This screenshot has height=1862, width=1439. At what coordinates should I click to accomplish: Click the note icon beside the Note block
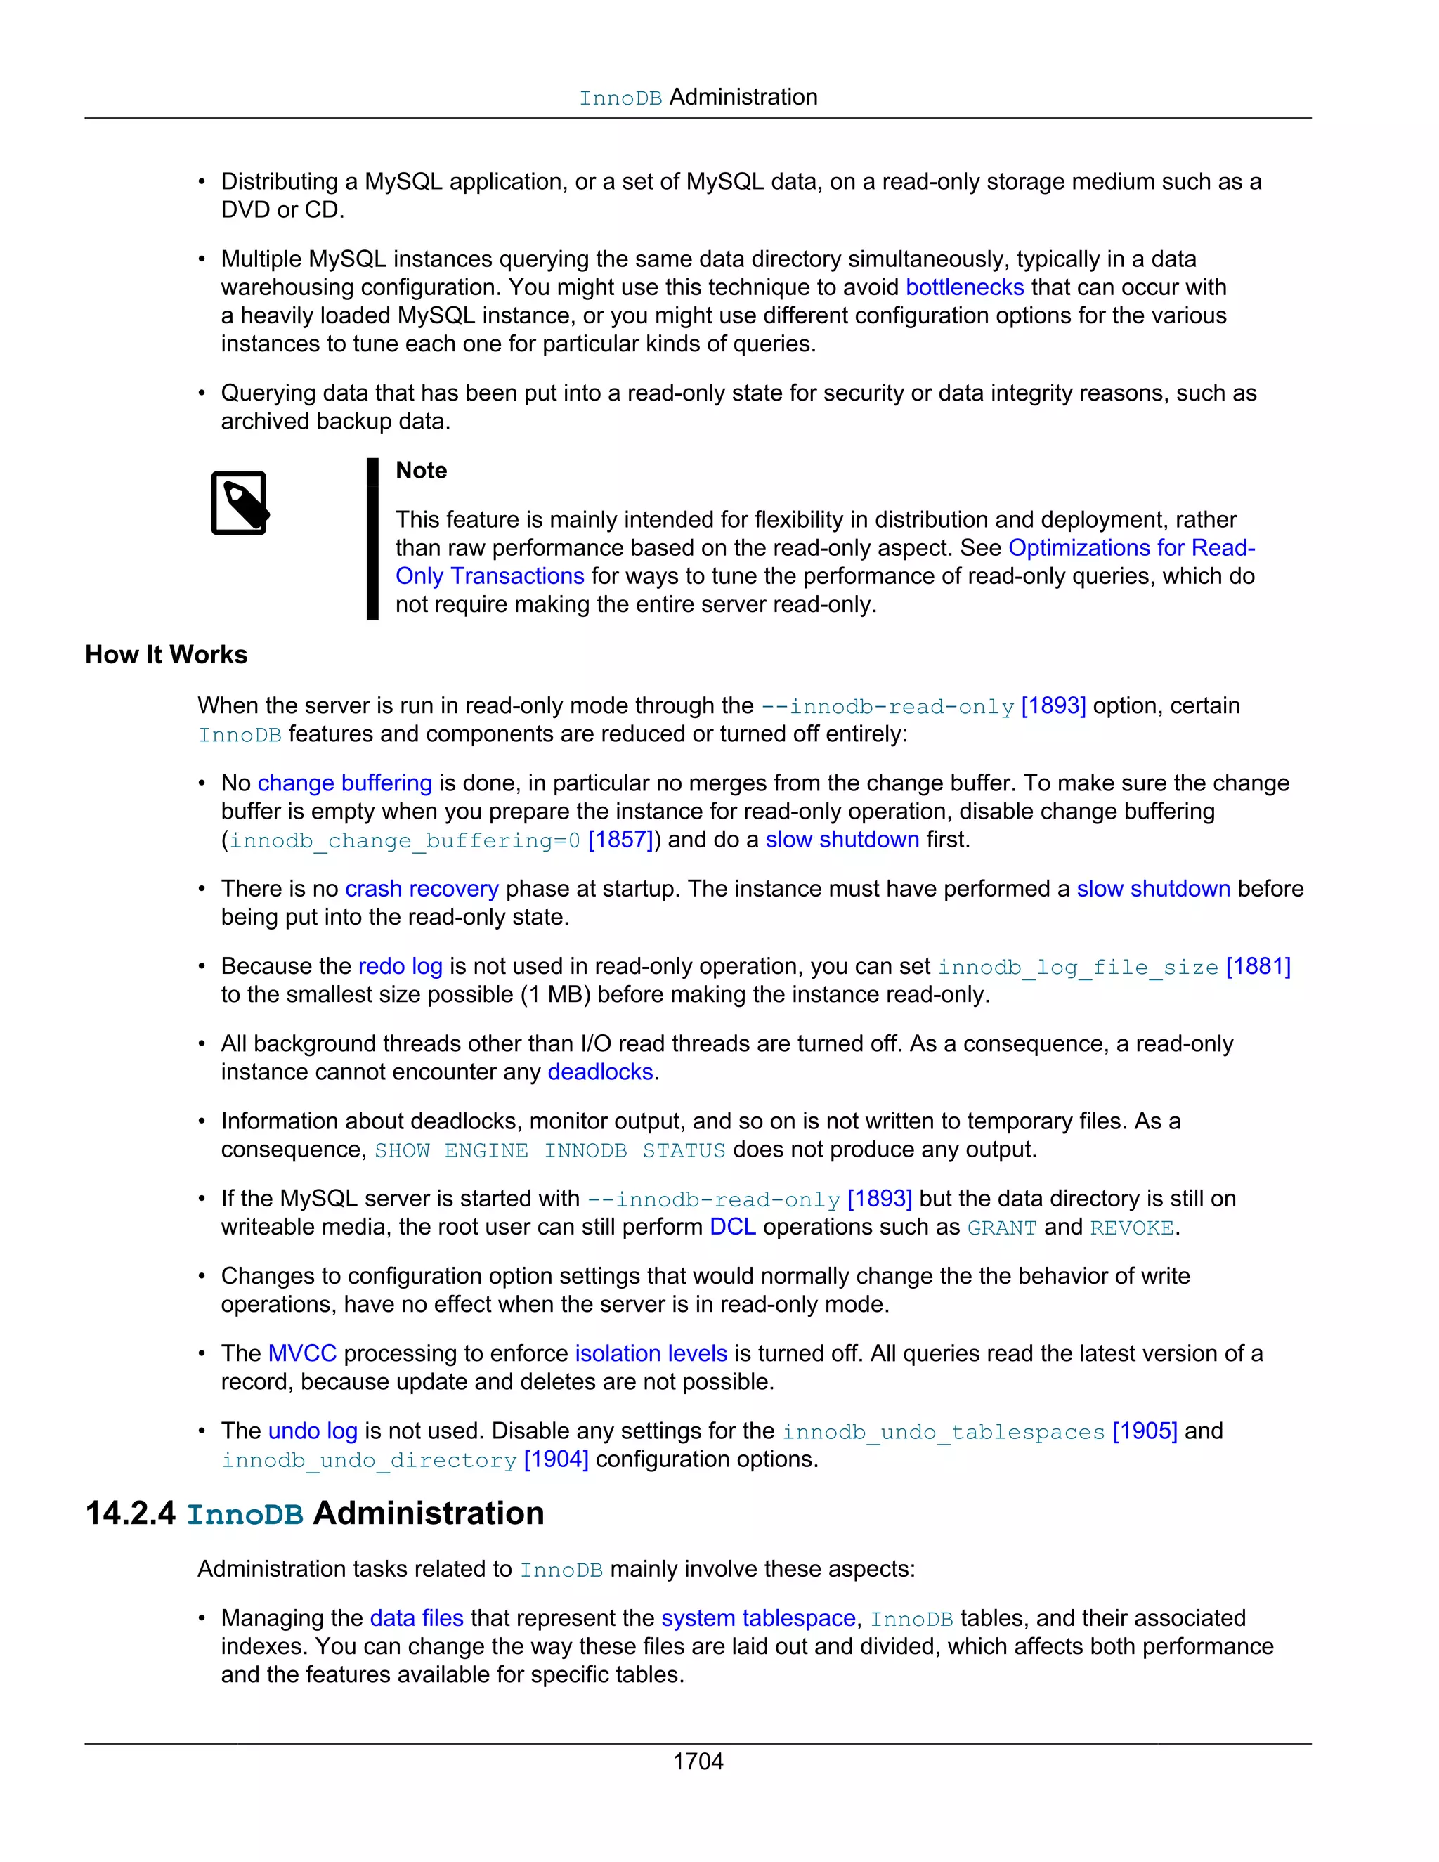[x=240, y=503]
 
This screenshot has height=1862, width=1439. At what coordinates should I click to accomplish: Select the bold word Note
[x=421, y=471]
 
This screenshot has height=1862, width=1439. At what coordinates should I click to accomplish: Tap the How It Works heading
[x=167, y=655]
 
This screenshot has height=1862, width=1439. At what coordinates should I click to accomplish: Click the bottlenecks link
[x=964, y=287]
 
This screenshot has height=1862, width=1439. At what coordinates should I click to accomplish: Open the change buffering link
[x=344, y=783]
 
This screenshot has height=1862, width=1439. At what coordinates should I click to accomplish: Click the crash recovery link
[x=421, y=888]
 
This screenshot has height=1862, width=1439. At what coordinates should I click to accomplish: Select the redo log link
[x=400, y=966]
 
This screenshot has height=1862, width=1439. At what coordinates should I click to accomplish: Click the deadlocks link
[x=599, y=1072]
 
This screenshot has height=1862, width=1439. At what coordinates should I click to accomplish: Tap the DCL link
[x=732, y=1227]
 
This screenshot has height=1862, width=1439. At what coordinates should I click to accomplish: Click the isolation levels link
[x=651, y=1353]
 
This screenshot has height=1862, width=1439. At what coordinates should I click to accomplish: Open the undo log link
[x=312, y=1431]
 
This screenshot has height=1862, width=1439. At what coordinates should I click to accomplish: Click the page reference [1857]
[x=620, y=840]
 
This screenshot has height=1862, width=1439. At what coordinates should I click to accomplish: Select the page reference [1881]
[x=1258, y=966]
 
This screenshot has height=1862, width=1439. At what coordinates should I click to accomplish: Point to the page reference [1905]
[x=1144, y=1431]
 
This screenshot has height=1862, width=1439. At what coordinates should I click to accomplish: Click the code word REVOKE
[x=1131, y=1228]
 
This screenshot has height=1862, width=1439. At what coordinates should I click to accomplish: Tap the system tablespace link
[x=758, y=1618]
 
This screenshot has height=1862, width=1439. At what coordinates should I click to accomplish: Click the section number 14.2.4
[x=131, y=1513]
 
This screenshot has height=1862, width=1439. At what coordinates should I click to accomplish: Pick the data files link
[x=416, y=1618]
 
